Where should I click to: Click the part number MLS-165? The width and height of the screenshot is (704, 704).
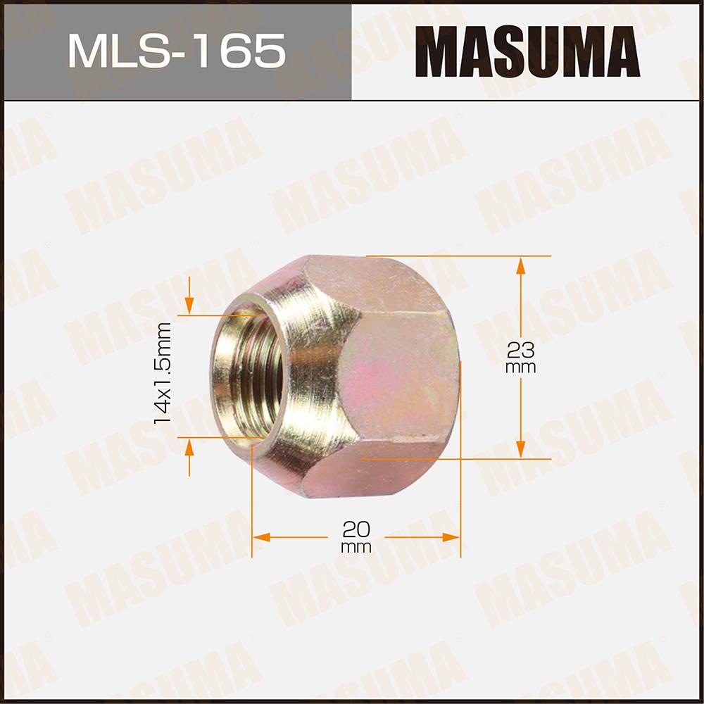(177, 51)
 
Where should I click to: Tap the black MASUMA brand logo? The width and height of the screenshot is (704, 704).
(527, 51)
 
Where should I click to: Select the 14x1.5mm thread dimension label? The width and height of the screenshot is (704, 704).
(163, 372)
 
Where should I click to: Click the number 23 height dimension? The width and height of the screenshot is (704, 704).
(520, 350)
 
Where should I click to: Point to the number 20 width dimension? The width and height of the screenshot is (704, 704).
(356, 529)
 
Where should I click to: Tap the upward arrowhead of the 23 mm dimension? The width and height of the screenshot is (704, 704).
(520, 265)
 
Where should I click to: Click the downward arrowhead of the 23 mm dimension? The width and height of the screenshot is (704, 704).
(520, 449)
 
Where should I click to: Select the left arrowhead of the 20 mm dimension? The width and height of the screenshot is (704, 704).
(261, 537)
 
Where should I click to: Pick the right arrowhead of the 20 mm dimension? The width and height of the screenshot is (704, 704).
(451, 537)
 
